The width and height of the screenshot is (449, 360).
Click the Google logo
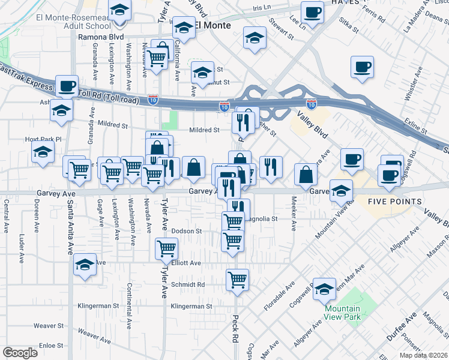click(x=20, y=353)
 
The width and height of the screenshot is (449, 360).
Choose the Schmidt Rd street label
click(x=188, y=285)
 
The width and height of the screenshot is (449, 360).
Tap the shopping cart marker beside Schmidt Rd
click(x=238, y=280)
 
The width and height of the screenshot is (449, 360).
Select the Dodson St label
click(x=186, y=231)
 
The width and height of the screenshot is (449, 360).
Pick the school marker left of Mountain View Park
click(x=324, y=289)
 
